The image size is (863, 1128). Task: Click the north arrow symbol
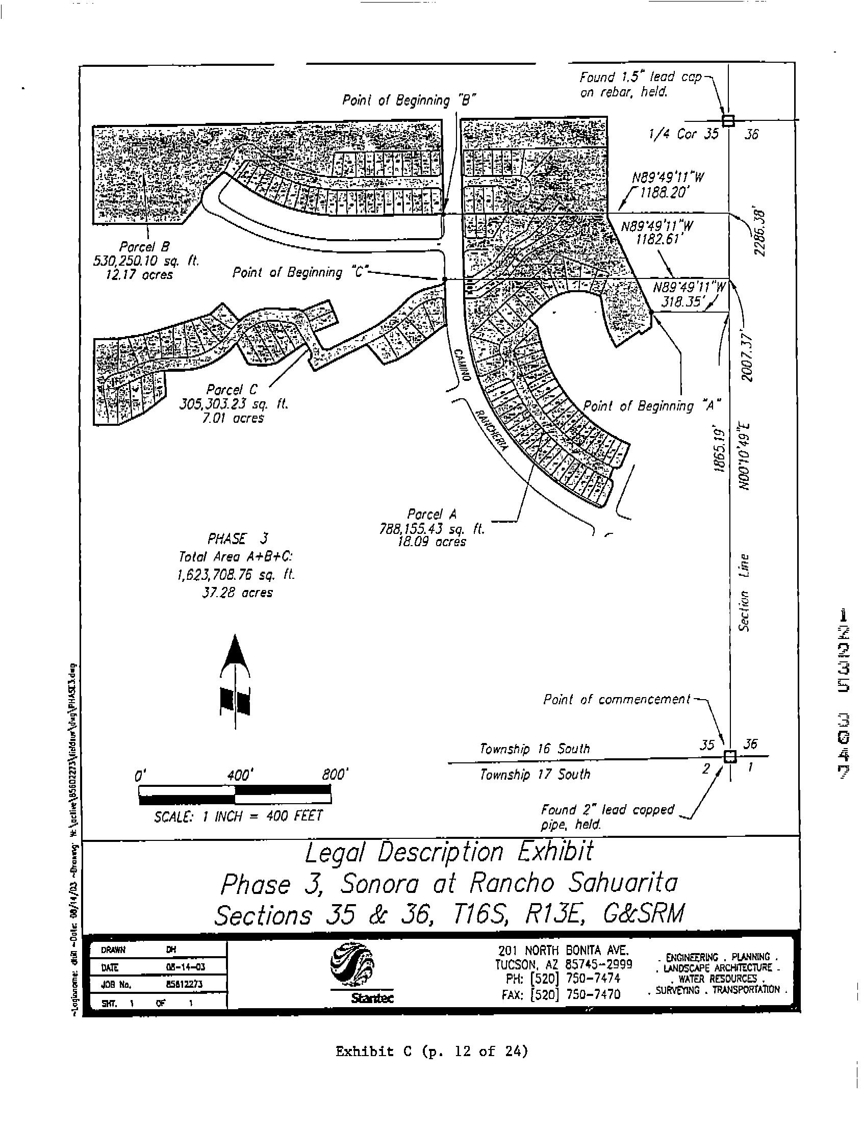click(x=235, y=680)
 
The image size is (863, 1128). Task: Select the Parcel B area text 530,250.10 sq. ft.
click(x=145, y=261)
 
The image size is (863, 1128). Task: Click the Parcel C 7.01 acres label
click(x=233, y=418)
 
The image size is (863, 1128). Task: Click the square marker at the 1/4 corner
click(x=728, y=121)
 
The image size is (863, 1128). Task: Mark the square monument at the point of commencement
click(x=729, y=757)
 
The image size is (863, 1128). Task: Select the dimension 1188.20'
click(x=664, y=193)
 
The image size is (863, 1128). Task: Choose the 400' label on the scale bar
click(x=238, y=774)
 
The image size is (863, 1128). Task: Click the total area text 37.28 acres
click(x=238, y=593)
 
